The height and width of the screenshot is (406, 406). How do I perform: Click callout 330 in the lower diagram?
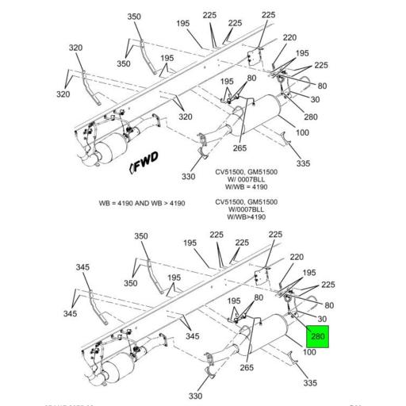(x=196, y=395)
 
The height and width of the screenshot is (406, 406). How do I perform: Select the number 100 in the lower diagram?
(x=309, y=351)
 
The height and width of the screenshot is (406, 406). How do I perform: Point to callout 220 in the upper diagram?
(x=289, y=37)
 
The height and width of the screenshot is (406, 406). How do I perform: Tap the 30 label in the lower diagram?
(x=322, y=319)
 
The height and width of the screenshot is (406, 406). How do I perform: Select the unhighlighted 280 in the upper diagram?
(x=310, y=117)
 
